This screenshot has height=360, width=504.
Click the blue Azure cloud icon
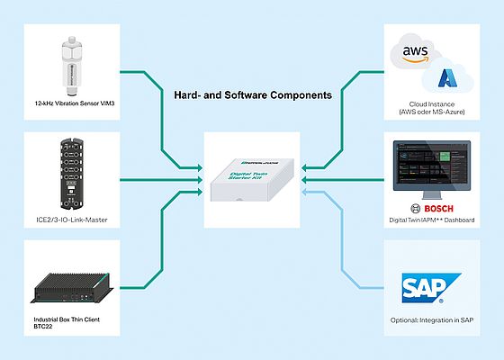452,78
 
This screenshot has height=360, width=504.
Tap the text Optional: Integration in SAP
435,323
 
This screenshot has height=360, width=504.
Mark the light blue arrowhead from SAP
308,192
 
